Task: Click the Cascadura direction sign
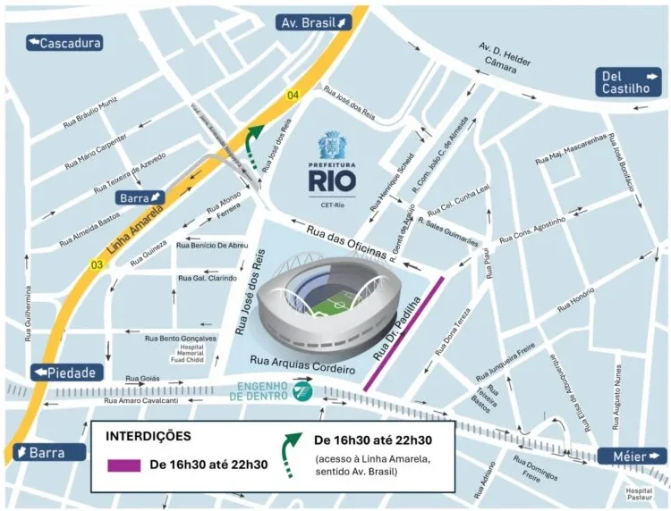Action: coord(64,43)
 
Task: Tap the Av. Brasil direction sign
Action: coord(312,22)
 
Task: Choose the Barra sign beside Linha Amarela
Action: coord(140,197)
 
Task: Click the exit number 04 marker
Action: coord(293,95)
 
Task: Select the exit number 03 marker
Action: coord(95,265)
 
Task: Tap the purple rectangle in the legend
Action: coord(124,465)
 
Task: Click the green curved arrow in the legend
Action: coord(293,450)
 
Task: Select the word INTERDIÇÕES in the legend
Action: coord(149,438)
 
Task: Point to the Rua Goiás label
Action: coord(144,378)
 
